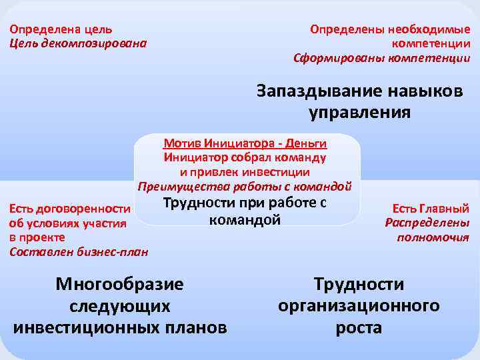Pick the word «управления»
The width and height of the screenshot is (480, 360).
click(360, 112)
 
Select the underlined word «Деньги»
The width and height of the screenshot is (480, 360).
click(309, 143)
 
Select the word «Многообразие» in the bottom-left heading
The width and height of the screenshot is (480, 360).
click(119, 285)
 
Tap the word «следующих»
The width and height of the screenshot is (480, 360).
click(119, 307)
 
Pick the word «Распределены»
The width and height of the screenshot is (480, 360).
click(427, 223)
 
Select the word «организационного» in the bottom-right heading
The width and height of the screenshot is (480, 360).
click(359, 306)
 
